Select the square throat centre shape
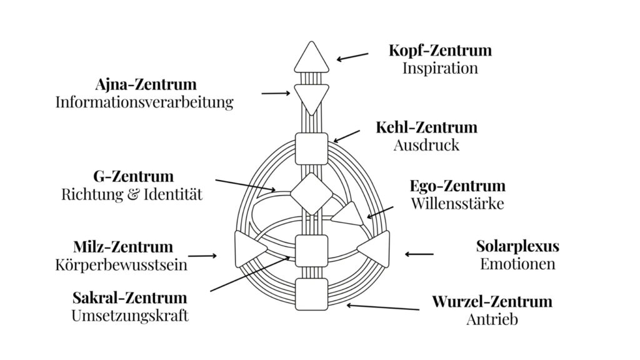[311, 148]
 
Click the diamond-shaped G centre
[311, 193]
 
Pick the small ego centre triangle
[347, 214]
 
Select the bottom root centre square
[311, 293]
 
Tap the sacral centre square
[311, 250]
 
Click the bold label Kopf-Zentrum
[440, 49]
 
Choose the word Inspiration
[440, 67]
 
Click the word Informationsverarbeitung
[144, 102]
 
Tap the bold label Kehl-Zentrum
[426, 127]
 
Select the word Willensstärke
[457, 204]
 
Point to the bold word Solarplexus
[517, 246]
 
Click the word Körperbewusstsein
[121, 265]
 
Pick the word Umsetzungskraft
[130, 315]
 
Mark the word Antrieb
[492, 319]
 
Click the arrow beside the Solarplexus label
[419, 254]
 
